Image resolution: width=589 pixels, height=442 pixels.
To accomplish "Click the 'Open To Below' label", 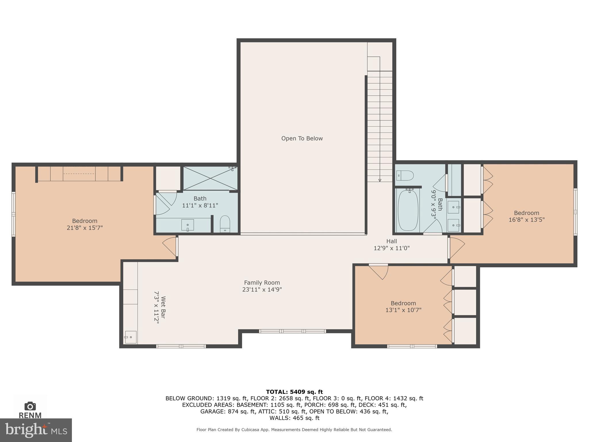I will [x=302, y=138].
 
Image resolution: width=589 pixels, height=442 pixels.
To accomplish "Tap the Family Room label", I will [x=262, y=283].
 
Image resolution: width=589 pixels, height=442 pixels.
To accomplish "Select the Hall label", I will [x=391, y=241].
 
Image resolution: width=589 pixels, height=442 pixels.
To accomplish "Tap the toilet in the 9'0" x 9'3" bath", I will [x=405, y=175].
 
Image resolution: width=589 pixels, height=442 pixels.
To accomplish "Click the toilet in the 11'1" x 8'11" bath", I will [x=225, y=224].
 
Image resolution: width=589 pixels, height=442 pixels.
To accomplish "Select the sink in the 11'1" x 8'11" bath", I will [x=188, y=225].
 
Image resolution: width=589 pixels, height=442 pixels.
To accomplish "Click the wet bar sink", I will [x=131, y=337].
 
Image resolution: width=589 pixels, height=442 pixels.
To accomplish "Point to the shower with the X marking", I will [x=210, y=178].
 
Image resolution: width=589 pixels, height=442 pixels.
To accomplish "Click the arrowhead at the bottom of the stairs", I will [x=380, y=180].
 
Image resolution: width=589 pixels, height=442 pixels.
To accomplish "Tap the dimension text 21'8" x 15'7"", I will [x=85, y=228].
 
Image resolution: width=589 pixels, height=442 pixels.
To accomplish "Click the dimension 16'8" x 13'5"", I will [x=526, y=220].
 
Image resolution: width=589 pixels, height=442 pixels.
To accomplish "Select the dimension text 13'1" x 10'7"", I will [x=403, y=310].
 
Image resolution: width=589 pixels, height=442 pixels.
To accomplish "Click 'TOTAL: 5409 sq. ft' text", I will [x=294, y=392].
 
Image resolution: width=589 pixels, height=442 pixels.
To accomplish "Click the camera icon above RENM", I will [x=30, y=406].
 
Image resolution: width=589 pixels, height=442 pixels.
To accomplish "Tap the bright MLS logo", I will [x=36, y=430].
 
